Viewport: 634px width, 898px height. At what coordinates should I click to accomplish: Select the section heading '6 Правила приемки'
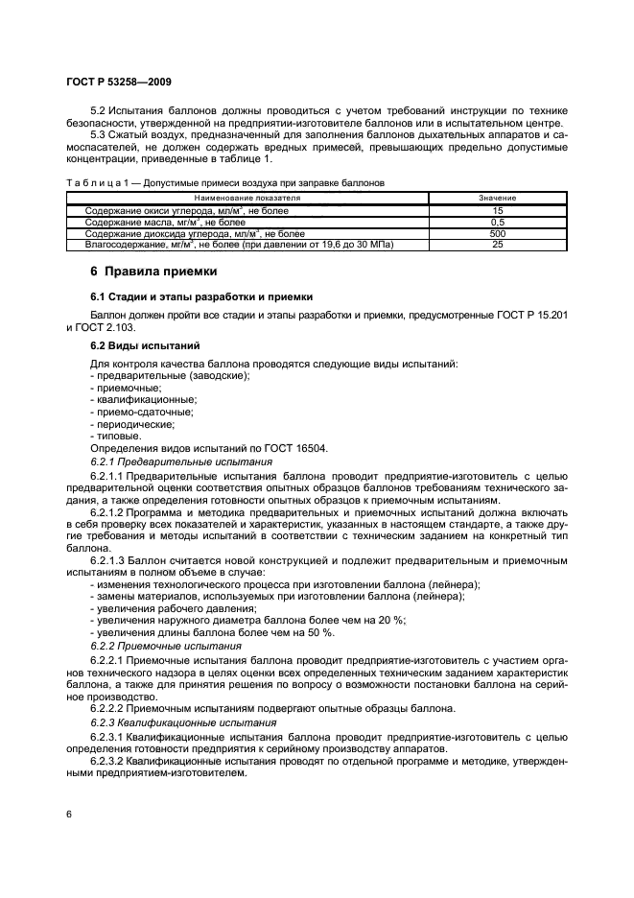click(x=147, y=272)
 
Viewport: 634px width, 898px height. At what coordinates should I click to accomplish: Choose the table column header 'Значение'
click(x=497, y=198)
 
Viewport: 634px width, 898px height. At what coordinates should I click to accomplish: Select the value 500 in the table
click(x=497, y=233)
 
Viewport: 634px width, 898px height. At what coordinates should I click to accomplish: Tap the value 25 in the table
click(x=497, y=245)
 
